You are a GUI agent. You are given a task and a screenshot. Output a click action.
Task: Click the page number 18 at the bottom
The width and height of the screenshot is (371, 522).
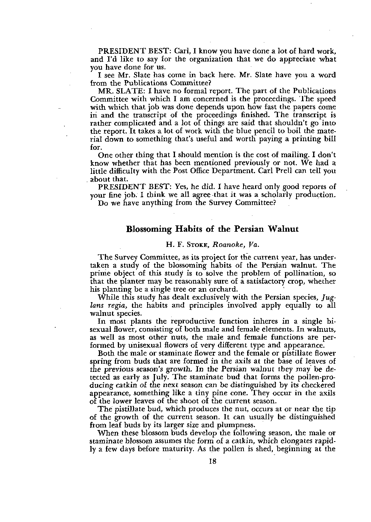212,461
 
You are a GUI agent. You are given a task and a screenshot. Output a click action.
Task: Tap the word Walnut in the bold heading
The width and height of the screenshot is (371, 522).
283,229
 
